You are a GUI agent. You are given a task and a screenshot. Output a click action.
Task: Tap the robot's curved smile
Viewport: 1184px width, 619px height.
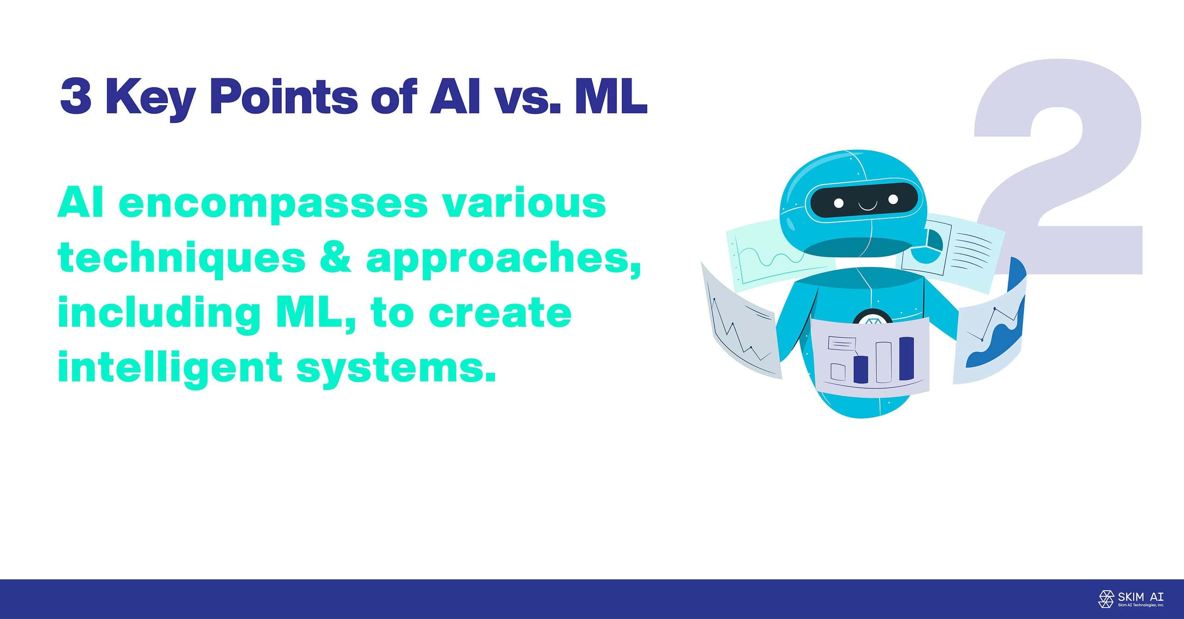tap(868, 205)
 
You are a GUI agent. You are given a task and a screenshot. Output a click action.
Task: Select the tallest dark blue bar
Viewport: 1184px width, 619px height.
tap(906, 359)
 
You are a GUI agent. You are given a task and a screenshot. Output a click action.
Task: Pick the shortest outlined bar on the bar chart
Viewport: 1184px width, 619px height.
tap(837, 371)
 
